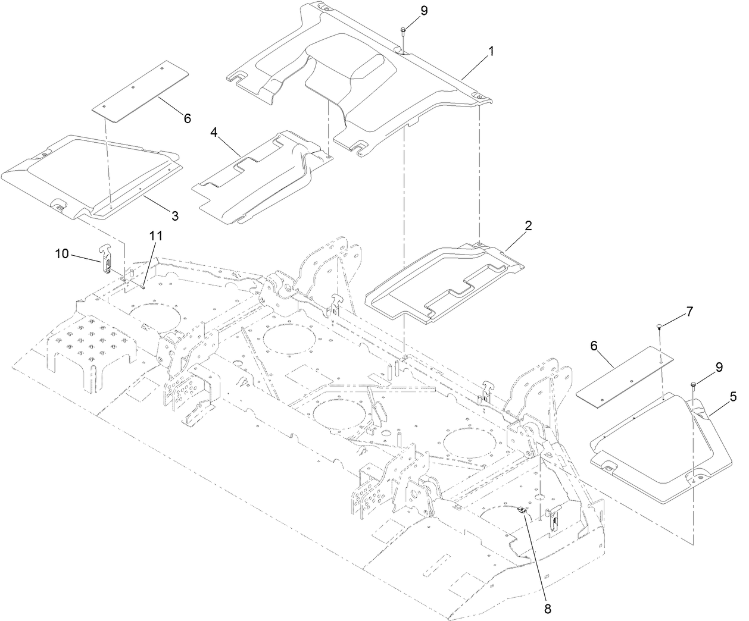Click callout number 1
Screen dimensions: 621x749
coord(491,52)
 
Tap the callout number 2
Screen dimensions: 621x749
coord(528,226)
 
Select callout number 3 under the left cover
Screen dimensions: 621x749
coord(175,216)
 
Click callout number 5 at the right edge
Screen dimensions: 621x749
coord(732,396)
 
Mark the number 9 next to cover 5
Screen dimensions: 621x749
coord(720,367)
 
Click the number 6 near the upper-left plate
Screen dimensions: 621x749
coord(187,118)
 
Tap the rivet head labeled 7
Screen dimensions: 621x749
coord(659,326)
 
